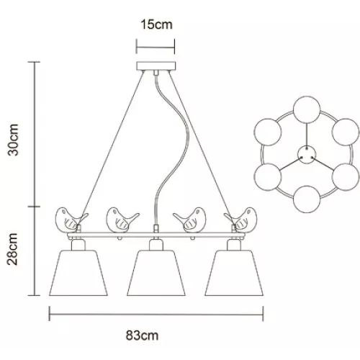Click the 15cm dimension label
(156, 24)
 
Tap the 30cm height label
(13, 140)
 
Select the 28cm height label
(13, 249)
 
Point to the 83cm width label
(142, 336)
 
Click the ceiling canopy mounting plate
(156, 66)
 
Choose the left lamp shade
(78, 273)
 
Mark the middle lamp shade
(156, 273)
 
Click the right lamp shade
(234, 273)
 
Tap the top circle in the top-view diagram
(307, 109)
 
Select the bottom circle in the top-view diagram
(307, 199)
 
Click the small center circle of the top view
(307, 155)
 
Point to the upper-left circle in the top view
(268, 132)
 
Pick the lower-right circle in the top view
(346, 177)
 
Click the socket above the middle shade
(156, 244)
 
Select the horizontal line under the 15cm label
(156, 47)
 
